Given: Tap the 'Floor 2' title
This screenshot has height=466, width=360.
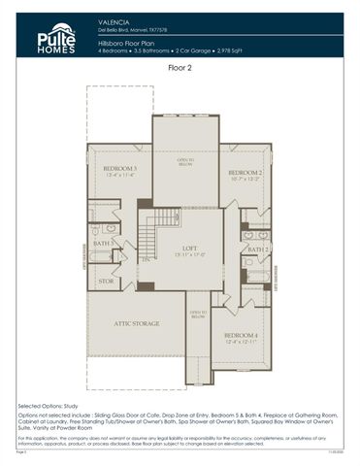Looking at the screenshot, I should click(x=180, y=68).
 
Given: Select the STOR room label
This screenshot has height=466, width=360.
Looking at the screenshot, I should click(x=106, y=282).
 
